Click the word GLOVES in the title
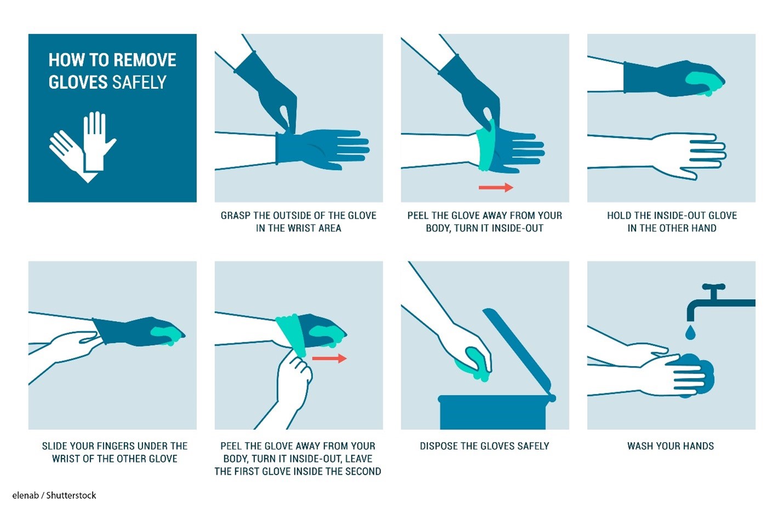pyautogui.click(x=78, y=82)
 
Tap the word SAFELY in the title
pyautogui.click(x=139, y=82)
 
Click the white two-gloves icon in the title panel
pyautogui.click(x=82, y=147)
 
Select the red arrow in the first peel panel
pyautogui.click(x=496, y=187)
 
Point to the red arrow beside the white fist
pyautogui.click(x=329, y=358)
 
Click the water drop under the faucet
pyautogui.click(x=690, y=332)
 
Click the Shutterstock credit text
pyautogui.click(x=54, y=495)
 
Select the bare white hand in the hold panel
pyautogui.click(x=686, y=156)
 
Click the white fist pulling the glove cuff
pyautogui.click(x=294, y=376)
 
